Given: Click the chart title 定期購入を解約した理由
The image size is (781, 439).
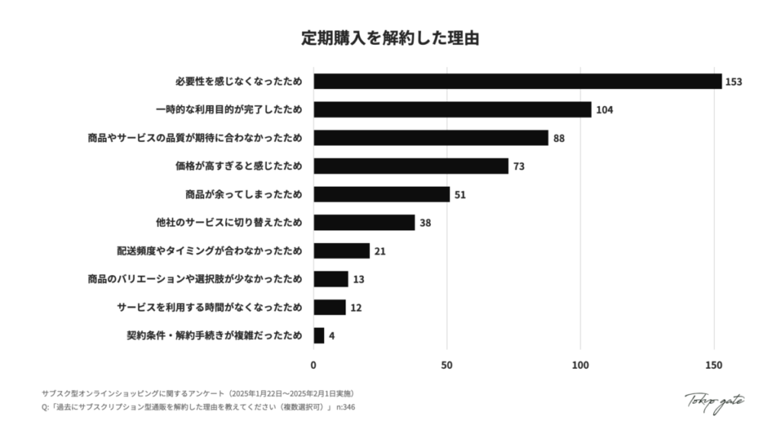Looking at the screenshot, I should (390, 38).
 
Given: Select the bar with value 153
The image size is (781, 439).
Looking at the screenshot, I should (517, 82).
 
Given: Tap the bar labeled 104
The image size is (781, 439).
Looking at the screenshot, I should (452, 110).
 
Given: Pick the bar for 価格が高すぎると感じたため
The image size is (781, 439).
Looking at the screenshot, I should (410, 166).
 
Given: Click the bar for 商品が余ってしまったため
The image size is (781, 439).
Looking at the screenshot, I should (381, 194).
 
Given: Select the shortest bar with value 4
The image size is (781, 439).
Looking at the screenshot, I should (319, 335).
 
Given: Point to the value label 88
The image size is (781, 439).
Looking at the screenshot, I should (558, 138).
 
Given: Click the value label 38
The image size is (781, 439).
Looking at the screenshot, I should (426, 223).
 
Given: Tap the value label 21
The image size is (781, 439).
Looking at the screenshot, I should (380, 251).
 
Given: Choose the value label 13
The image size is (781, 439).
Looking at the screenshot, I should (358, 279).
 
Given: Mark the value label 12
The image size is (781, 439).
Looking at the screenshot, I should (356, 307).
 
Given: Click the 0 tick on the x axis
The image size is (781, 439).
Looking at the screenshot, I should (313, 364).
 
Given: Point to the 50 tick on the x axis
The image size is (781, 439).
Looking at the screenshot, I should (447, 364).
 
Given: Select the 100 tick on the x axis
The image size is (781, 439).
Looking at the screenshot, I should (580, 364).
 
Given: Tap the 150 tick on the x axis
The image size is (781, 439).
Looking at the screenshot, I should (714, 364).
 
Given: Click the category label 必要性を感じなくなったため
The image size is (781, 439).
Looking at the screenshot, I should (238, 82).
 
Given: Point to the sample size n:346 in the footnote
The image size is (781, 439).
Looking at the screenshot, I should (346, 407).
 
